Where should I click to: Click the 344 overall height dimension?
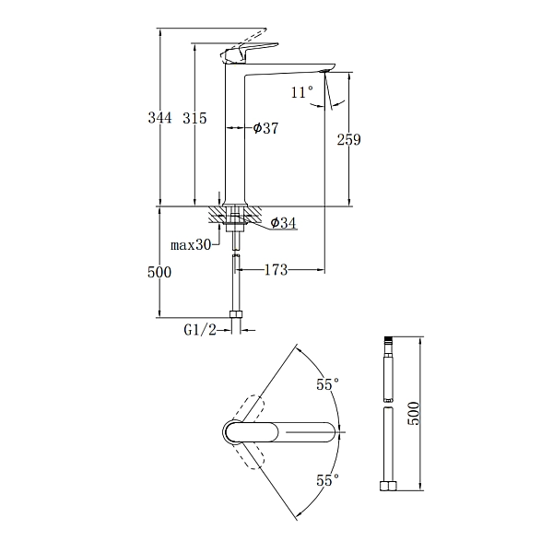point(159,118)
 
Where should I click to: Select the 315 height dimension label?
point(194,118)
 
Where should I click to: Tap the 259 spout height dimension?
point(348,140)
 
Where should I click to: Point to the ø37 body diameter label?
point(265,128)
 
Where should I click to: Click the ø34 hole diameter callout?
point(283,222)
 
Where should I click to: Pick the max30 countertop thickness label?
point(191,244)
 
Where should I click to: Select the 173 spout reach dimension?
point(276,270)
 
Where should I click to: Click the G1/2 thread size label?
point(200,330)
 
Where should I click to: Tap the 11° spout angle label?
point(302,92)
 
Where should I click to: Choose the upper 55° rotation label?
point(327,384)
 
